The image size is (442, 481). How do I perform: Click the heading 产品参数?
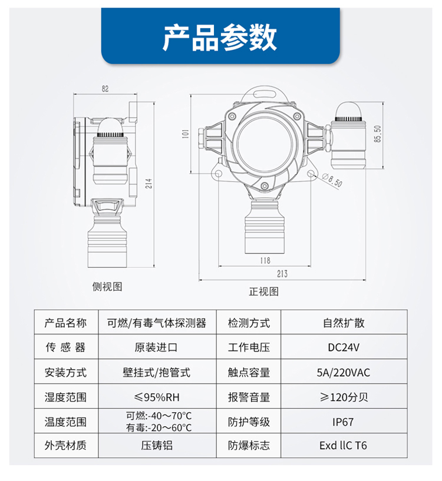pos(220,38)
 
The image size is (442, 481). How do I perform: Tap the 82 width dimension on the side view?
pos(105,89)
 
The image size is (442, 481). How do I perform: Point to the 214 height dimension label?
pos(149,184)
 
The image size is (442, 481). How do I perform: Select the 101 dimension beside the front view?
pos(186,134)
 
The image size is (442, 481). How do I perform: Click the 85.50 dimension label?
pos(378,134)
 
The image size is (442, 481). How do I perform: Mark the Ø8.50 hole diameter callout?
pos(332,180)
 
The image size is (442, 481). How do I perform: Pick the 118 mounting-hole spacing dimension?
pos(265,260)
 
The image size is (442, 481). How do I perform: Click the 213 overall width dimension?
pos(282,274)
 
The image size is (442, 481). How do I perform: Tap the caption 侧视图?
pos(107,287)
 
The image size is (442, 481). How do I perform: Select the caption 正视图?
pos(264,291)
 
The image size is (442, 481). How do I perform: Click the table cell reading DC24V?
pos(344,347)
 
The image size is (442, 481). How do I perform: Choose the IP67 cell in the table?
pos(343,422)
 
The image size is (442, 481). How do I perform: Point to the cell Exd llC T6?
pos(343,446)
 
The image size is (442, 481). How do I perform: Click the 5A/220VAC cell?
pos(344,373)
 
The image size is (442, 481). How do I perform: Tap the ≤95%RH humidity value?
pos(157,397)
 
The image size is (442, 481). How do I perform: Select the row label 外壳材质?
pos(65,446)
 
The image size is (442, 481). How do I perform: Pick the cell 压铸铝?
pos(157,446)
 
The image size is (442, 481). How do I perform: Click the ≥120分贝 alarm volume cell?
pos(344,397)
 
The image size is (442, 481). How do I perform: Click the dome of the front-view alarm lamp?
pos(349,111)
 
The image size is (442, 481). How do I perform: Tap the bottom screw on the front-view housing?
pos(265,185)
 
